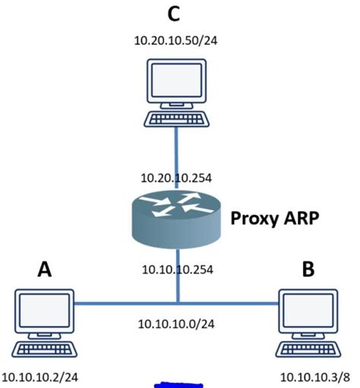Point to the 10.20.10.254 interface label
[x=176, y=178]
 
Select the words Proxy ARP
[x=274, y=219]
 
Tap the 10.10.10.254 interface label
[x=176, y=269]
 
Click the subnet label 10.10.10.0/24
[x=176, y=323]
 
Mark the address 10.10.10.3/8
[x=314, y=377]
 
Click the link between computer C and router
[x=177, y=148]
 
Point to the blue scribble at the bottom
[x=178, y=385]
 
